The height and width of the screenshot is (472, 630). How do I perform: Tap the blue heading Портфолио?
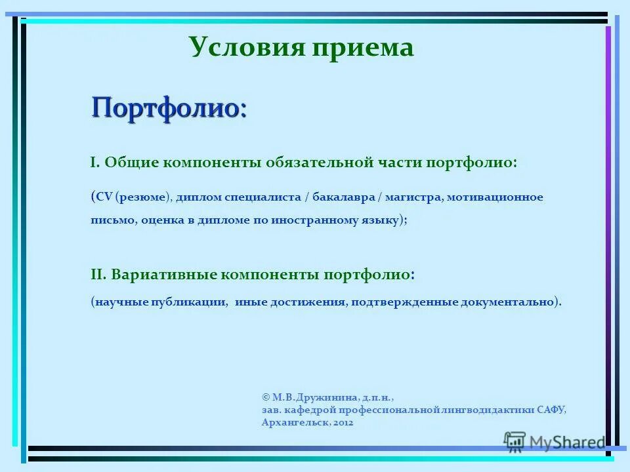click(169, 107)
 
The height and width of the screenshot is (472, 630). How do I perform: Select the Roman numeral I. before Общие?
click(94, 163)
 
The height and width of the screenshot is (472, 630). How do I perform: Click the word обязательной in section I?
click(320, 163)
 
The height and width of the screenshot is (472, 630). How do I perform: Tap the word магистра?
click(414, 197)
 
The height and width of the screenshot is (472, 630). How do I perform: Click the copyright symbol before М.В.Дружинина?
click(265, 397)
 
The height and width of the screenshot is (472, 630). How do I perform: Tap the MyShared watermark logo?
click(555, 442)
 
